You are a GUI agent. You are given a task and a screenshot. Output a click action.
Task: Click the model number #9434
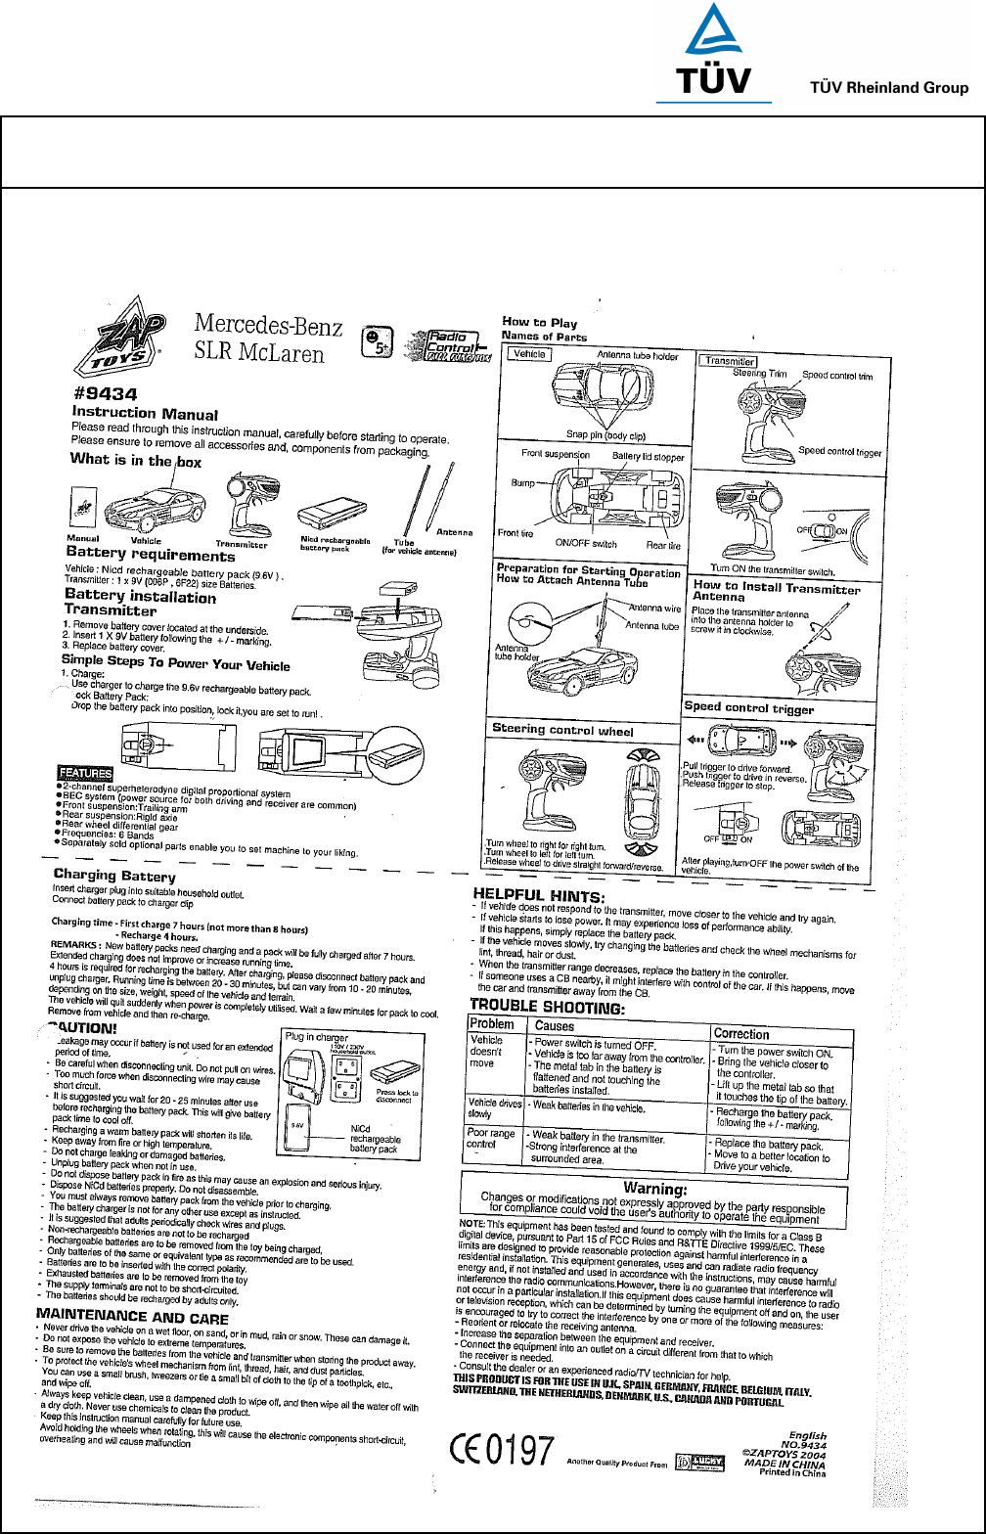point(105,394)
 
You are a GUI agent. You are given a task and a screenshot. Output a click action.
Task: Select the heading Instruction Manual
point(145,415)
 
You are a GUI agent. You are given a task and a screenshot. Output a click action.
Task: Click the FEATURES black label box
point(86,772)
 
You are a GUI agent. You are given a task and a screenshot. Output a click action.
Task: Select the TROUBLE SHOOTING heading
point(547,1005)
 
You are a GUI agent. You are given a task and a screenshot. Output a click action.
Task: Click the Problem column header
point(492,1023)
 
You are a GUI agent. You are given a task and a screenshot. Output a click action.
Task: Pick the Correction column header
point(741,1033)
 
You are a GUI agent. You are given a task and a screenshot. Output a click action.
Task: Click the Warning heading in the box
point(656,1190)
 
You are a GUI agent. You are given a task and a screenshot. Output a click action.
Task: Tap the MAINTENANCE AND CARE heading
point(132,1316)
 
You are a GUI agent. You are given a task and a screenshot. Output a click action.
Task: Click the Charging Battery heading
point(114,875)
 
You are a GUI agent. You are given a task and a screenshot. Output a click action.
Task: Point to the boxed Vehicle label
point(529,353)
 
